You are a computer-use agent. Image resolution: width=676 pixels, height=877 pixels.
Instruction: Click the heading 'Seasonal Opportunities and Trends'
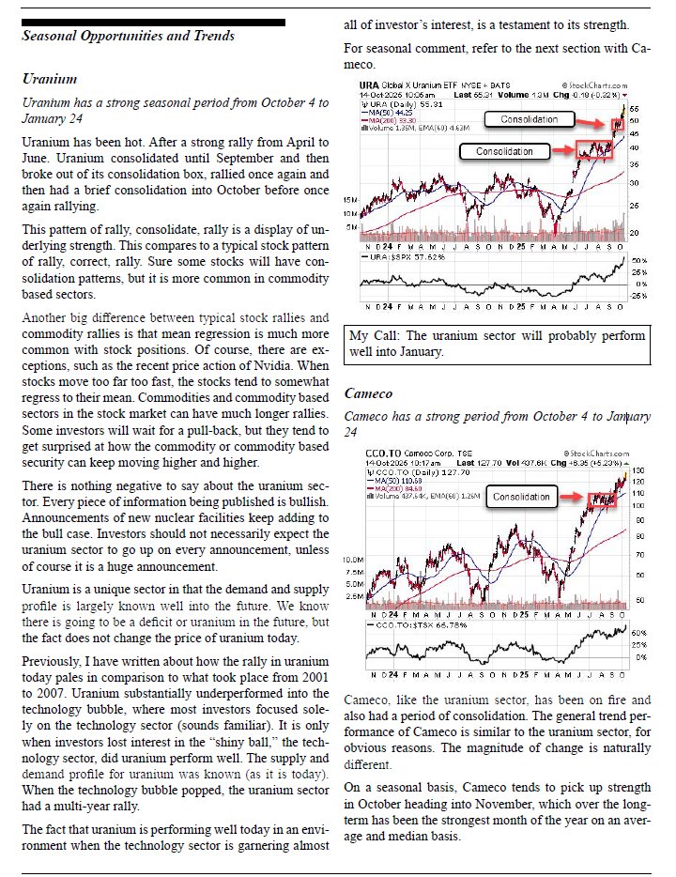[x=128, y=36]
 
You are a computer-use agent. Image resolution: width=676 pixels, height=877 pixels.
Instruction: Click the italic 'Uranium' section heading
[x=49, y=79]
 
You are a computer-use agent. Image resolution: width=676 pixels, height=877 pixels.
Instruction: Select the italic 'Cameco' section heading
[x=368, y=393]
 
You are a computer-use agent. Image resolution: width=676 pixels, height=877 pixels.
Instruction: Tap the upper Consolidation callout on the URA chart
[x=527, y=119]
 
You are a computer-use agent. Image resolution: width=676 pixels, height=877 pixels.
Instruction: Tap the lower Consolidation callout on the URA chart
[x=504, y=151]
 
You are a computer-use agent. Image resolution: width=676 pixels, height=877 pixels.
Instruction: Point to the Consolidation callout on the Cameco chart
[x=521, y=497]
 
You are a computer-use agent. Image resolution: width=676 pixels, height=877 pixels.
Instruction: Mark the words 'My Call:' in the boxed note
[x=373, y=335]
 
